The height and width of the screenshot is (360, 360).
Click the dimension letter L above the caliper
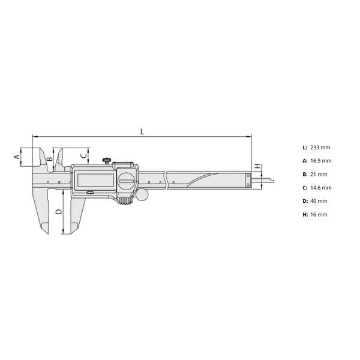tap(142, 131)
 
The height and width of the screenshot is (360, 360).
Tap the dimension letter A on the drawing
tap(17, 157)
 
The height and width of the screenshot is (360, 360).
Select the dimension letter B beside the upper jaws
tap(50, 159)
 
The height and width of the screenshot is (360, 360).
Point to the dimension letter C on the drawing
tap(84, 155)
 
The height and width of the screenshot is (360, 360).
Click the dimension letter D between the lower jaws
tap(59, 212)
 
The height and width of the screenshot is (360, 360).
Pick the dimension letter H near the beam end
tap(258, 166)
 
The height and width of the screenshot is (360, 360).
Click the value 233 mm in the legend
tap(320, 148)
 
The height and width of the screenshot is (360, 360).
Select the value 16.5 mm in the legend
tap(321, 161)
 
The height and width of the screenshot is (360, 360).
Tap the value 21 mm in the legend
tap(319, 175)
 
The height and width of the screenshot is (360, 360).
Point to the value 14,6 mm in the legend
tap(321, 188)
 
